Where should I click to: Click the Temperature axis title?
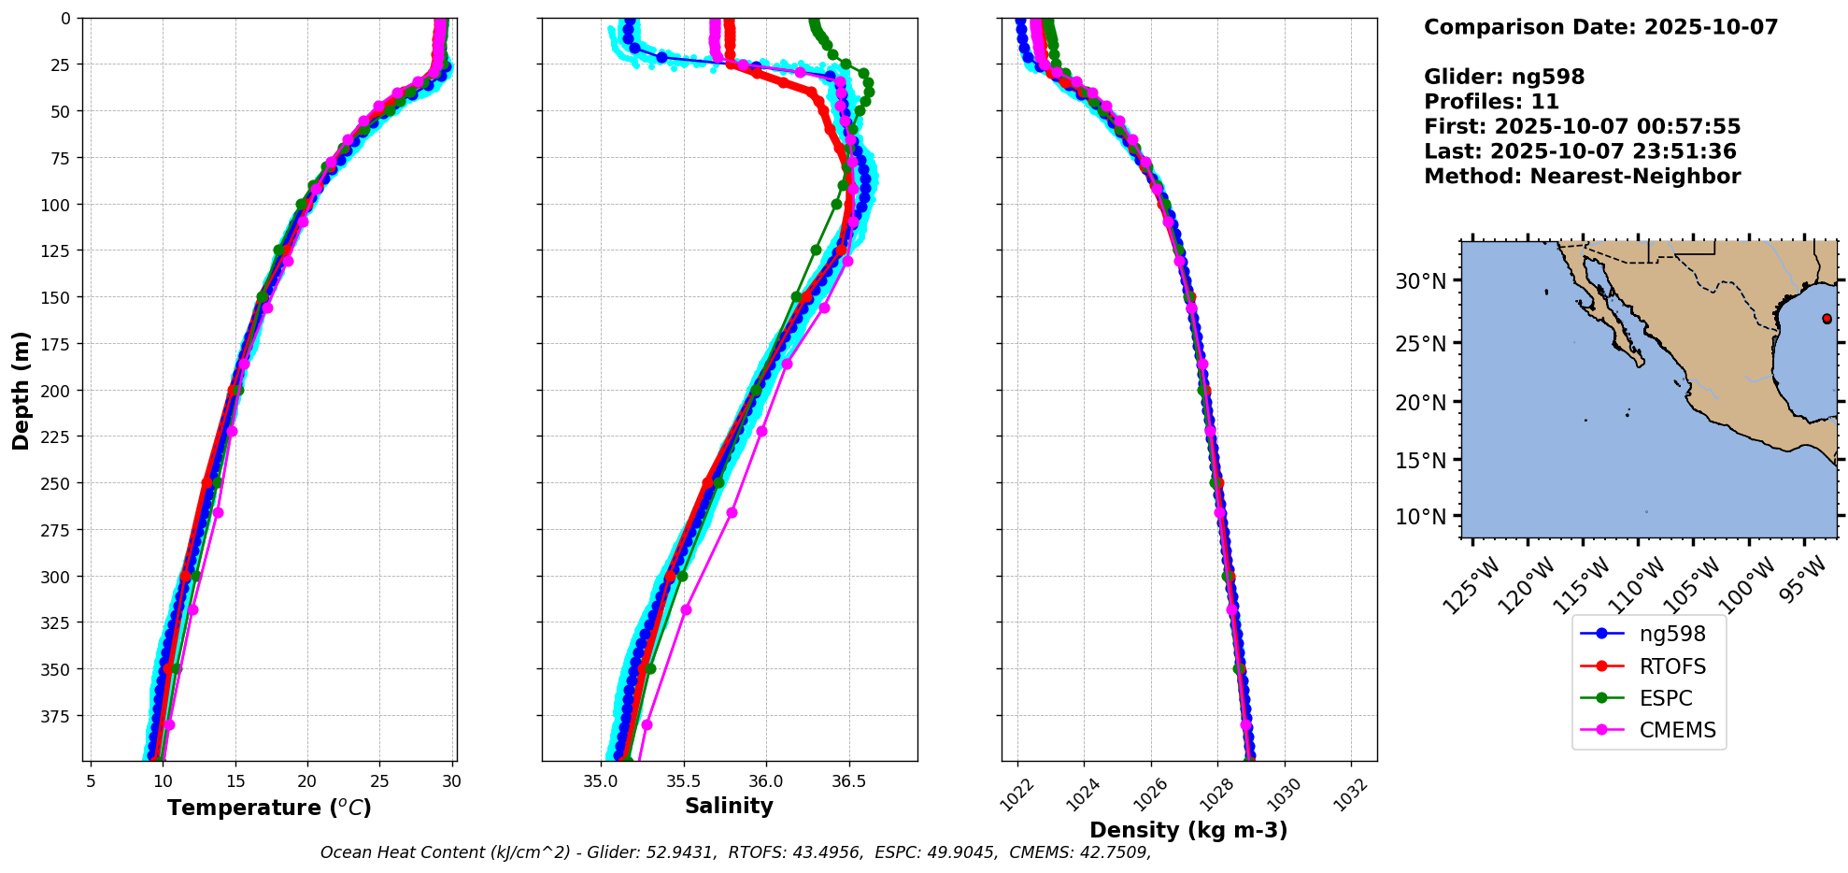pos(269,808)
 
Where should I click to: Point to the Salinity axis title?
pos(729,806)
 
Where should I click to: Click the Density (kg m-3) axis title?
pos(1188,830)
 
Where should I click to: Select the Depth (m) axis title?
pos(21,390)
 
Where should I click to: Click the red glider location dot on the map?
pos(1827,319)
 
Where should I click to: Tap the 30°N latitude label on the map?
pos(1420,281)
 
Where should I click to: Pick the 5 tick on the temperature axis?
pos(91,781)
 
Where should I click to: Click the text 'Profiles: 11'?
pos(1491,102)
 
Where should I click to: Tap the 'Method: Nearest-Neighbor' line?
pos(1582,177)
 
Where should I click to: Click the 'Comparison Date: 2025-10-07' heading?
pos(1600,27)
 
